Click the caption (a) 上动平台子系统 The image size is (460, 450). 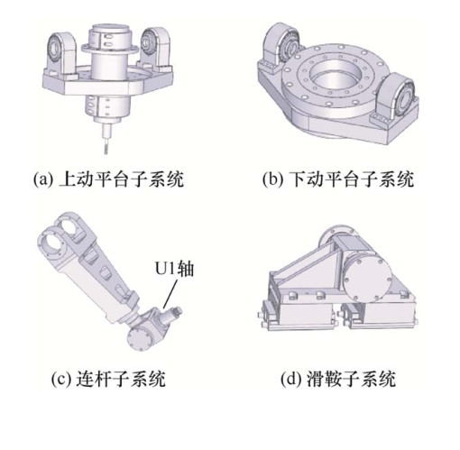pyautogui.click(x=108, y=179)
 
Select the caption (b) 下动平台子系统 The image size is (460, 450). pyautogui.click(x=338, y=179)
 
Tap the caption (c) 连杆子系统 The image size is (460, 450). pyautogui.click(x=108, y=379)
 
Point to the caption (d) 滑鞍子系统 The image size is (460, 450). pyautogui.click(x=338, y=379)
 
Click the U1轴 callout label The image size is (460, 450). pyautogui.click(x=174, y=269)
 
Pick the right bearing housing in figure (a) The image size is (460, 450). pyautogui.click(x=153, y=47)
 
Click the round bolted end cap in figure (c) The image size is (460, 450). pyautogui.click(x=139, y=338)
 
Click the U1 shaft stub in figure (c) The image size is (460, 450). pyautogui.click(x=172, y=315)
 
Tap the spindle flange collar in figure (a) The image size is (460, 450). pyautogui.click(x=110, y=48)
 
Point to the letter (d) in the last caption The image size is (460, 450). pyautogui.click(x=290, y=379)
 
